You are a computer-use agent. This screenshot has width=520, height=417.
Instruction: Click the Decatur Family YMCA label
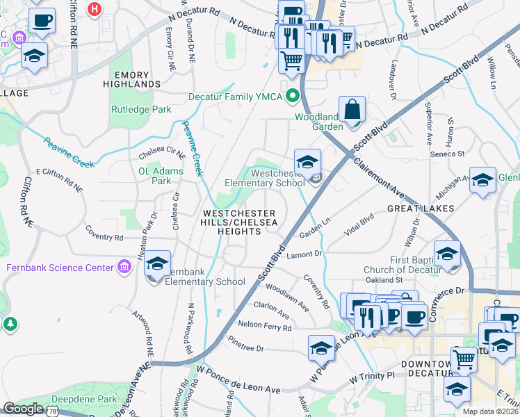point(236,97)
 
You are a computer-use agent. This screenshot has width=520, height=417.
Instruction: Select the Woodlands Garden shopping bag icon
point(352,111)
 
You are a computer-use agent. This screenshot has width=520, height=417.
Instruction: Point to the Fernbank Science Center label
point(60,268)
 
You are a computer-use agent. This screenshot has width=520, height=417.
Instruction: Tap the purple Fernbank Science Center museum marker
point(124,267)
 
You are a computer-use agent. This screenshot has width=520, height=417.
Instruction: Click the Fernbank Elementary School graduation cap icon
point(158,265)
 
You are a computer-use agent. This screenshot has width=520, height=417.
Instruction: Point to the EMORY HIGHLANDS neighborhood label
point(136,79)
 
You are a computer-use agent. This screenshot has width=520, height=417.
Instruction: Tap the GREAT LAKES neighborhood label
point(421,208)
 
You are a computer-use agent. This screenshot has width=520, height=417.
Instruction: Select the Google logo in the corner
point(23,409)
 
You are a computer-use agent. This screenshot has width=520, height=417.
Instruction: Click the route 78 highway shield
point(54,411)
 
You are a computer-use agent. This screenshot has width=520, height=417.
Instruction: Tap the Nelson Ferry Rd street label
point(264,325)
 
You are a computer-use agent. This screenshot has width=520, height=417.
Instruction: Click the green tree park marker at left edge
point(10,324)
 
